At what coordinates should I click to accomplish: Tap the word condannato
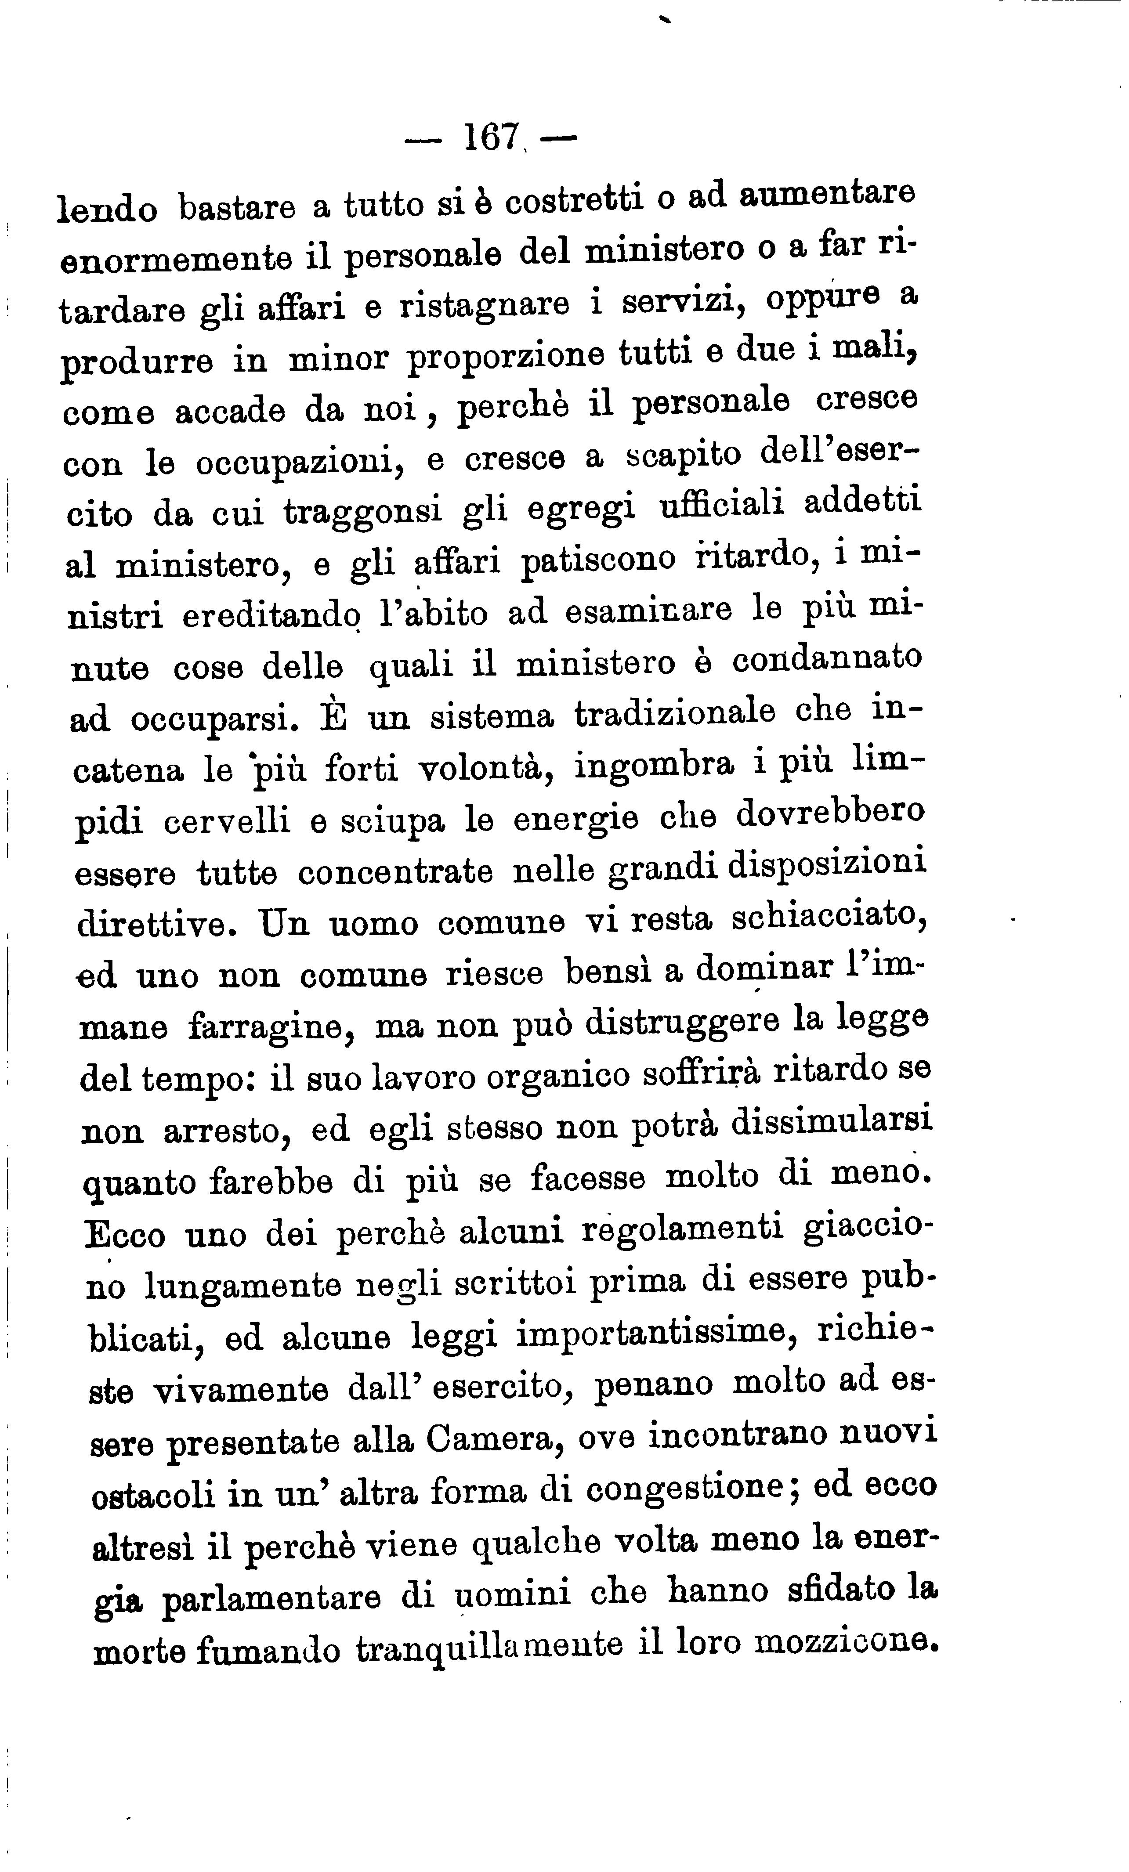pos(827,658)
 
